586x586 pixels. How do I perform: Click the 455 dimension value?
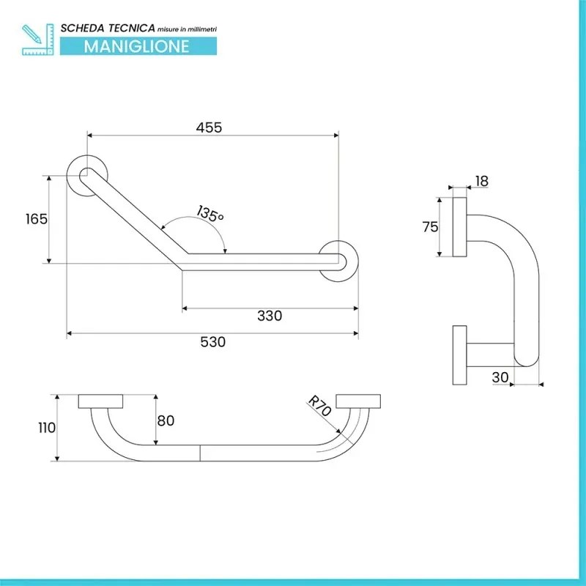tap(209, 127)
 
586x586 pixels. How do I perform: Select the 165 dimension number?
tap(36, 218)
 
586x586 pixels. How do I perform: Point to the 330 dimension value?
tap(270, 316)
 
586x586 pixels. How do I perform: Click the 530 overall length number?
tap(212, 342)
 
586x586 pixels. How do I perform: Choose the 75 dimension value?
tap(430, 226)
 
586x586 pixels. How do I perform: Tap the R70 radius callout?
tap(320, 407)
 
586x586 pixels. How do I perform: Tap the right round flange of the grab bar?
tap(338, 259)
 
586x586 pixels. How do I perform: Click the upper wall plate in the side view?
tap(460, 227)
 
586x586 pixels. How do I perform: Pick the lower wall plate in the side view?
tap(461, 355)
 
